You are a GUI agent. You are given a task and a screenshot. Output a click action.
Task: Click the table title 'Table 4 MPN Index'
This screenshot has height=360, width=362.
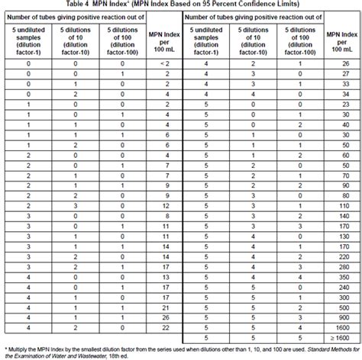pyautogui.click(x=92, y=5)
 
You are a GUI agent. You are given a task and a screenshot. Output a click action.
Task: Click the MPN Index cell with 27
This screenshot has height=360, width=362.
pyautogui.click(x=343, y=75)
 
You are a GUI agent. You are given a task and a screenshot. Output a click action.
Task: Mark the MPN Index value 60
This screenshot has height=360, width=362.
pyautogui.click(x=343, y=166)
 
